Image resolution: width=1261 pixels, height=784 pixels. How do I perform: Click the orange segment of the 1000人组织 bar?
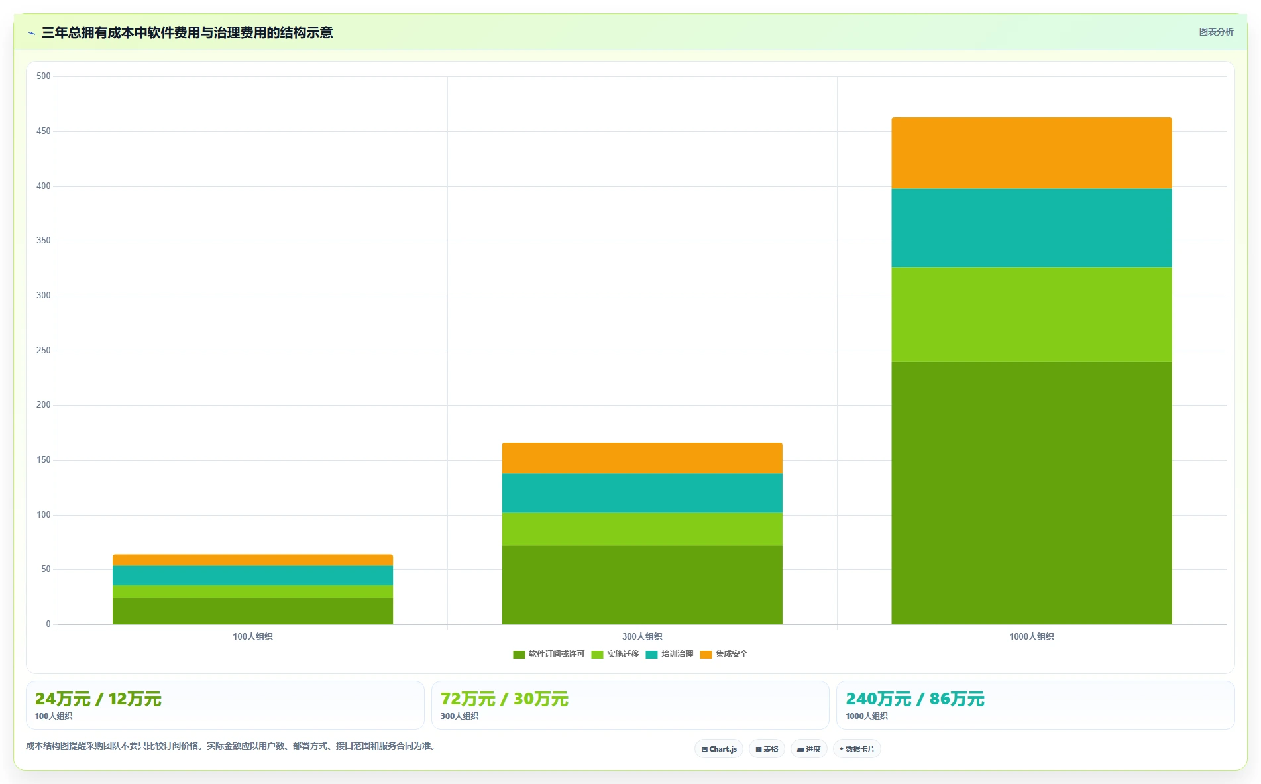coord(1031,153)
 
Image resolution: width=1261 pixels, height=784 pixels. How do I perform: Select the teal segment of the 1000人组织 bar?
coord(1031,228)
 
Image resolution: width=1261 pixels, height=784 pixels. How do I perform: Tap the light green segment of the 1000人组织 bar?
coord(1031,314)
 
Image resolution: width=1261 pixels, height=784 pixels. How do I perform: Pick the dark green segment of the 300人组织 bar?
coord(642,585)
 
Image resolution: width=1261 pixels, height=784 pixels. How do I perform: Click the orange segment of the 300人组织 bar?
coord(642,458)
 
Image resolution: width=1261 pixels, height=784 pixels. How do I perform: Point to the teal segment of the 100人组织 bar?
coord(252,575)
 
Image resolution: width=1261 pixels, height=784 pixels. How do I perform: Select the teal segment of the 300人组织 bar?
coord(642,492)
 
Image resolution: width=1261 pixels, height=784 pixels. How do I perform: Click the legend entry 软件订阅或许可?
coord(549,654)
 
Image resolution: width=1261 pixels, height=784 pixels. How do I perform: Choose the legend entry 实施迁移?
coord(615,654)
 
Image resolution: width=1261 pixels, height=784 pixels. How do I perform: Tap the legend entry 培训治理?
coord(669,654)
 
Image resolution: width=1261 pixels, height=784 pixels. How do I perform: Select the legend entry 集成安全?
coord(724,654)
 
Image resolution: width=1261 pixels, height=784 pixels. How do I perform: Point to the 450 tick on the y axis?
coord(44,131)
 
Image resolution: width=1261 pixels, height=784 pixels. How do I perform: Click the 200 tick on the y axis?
coord(44,405)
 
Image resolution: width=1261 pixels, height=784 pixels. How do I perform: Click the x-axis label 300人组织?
coord(642,636)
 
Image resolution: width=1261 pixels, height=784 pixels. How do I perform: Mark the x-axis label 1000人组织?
coord(1031,636)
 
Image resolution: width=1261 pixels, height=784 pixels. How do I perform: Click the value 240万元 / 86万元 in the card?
coord(914,699)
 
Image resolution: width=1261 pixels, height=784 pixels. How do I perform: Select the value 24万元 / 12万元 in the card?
coord(98,699)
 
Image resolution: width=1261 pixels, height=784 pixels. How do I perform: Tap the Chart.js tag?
coord(719,749)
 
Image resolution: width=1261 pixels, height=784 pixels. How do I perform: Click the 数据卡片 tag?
coord(857,749)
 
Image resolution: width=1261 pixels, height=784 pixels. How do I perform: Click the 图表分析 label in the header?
coord(1216,32)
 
